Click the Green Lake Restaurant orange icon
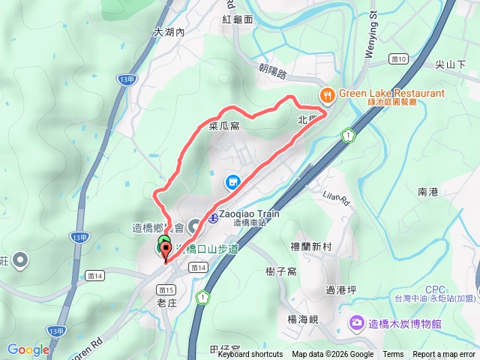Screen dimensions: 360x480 click(327, 94)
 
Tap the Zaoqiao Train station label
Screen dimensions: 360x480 click(249, 214)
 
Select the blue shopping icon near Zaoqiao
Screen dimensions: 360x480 click(232, 182)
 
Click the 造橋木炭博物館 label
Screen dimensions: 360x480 click(405, 323)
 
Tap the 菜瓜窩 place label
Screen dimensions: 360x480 click(223, 127)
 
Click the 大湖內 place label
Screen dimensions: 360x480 click(169, 33)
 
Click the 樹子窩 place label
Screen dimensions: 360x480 click(282, 271)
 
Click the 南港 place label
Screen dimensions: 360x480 click(428, 192)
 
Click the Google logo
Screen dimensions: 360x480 click(28, 349)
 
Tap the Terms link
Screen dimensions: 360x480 click(393, 355)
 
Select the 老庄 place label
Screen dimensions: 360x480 click(166, 302)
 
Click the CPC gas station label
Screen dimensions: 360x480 click(435, 289)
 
